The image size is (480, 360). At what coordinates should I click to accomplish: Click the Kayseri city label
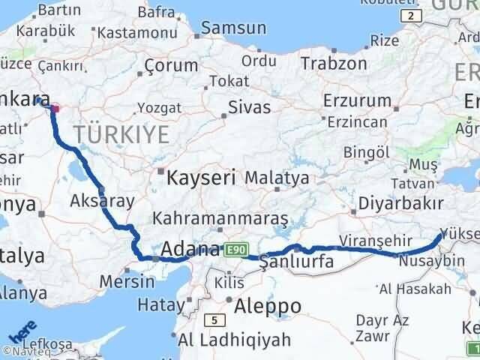click(x=201, y=178)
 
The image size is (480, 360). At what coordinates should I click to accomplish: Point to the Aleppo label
click(x=268, y=306)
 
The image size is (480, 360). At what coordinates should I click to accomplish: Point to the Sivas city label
click(x=249, y=106)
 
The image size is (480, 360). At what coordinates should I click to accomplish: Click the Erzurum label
click(x=357, y=100)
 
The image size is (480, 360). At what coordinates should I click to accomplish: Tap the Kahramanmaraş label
click(x=220, y=218)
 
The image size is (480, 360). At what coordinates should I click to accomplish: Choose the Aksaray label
click(x=102, y=200)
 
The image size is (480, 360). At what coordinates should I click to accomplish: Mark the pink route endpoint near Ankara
click(x=55, y=109)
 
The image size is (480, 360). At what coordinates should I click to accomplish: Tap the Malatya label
click(x=277, y=178)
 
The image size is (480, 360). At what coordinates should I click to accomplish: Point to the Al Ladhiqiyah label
click(x=234, y=340)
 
